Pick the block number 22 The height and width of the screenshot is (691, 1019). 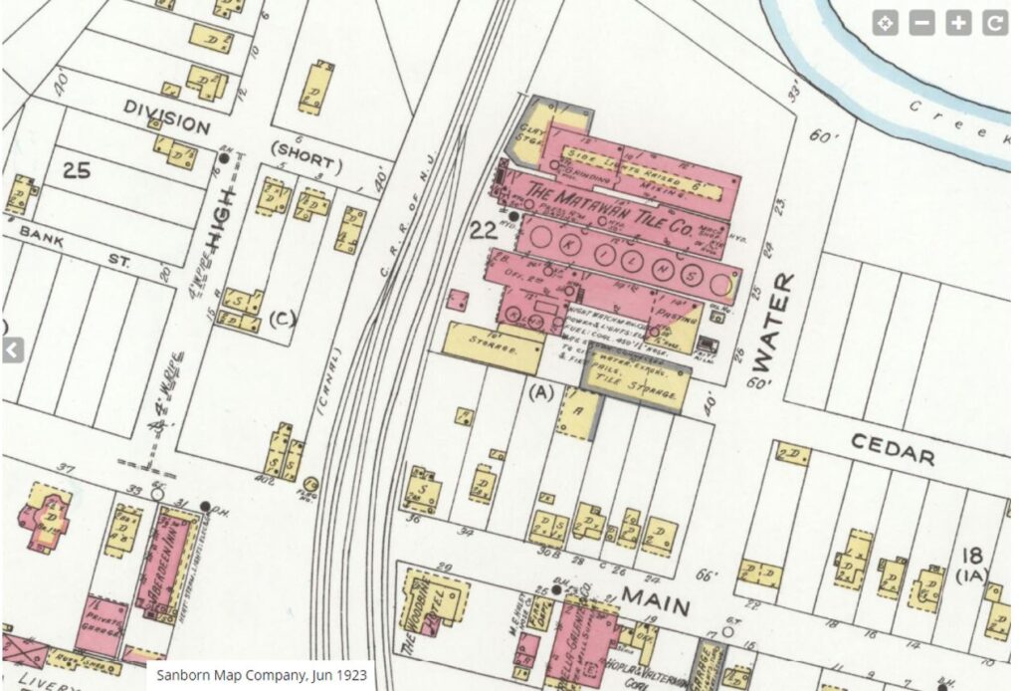click(484, 231)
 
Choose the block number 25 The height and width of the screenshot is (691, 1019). click(76, 169)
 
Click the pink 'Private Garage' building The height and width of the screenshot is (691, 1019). click(102, 627)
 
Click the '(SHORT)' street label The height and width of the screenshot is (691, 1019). click(306, 164)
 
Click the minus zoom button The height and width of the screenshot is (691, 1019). click(921, 24)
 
